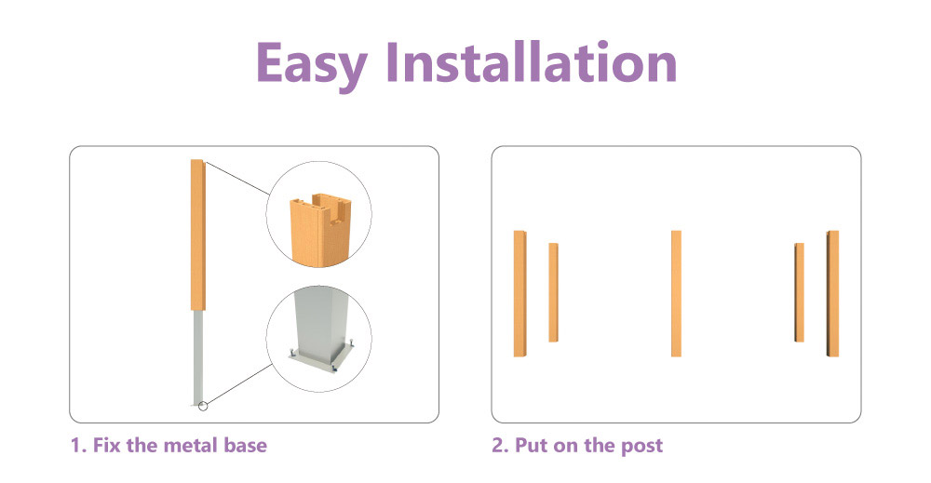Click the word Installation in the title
tap(532, 61)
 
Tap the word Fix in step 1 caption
tap(107, 445)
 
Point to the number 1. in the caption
tap(79, 445)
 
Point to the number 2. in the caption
tap(501, 445)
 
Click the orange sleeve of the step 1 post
tap(197, 235)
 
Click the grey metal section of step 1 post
tap(197, 357)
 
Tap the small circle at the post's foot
tap(203, 406)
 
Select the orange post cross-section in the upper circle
tap(320, 228)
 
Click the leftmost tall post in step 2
tap(520, 294)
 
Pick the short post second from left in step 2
tap(553, 292)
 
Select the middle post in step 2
tap(676, 294)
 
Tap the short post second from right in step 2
tap(799, 292)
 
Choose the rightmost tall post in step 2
tap(832, 294)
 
